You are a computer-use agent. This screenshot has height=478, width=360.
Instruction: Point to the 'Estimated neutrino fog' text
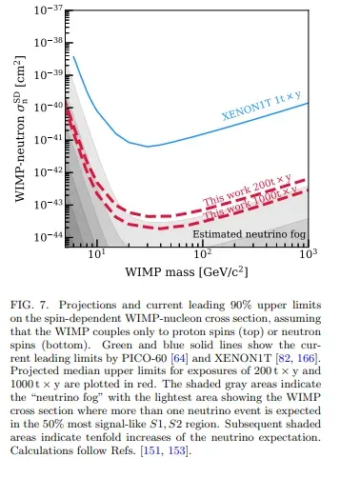[249, 233]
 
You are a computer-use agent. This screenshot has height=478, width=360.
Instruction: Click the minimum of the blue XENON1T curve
[149, 147]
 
